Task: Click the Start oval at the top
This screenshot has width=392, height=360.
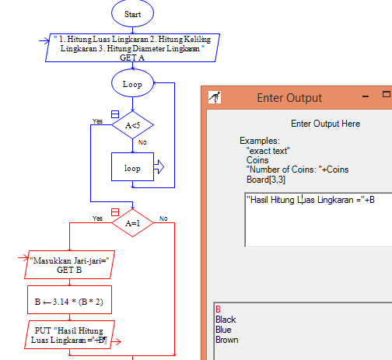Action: [132, 15]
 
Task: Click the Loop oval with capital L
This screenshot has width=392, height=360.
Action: [132, 83]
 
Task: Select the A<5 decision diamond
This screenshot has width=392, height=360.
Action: [132, 124]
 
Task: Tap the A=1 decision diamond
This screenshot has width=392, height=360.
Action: [131, 222]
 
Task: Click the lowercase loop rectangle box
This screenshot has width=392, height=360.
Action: [132, 166]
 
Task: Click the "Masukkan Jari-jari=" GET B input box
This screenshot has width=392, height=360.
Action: [70, 265]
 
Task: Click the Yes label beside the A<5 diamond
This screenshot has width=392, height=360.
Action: [97, 121]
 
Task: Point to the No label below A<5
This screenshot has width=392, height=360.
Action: [142, 142]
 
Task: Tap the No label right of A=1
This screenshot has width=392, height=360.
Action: [163, 218]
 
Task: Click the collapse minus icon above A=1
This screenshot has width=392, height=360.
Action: [115, 211]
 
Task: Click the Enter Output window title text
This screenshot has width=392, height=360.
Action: [289, 97]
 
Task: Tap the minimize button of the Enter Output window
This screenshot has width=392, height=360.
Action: [364, 95]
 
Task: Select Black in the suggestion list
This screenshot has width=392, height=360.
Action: [226, 320]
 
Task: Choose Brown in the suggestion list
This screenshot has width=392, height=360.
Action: [227, 340]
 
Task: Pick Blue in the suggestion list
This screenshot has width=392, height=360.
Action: [223, 330]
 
